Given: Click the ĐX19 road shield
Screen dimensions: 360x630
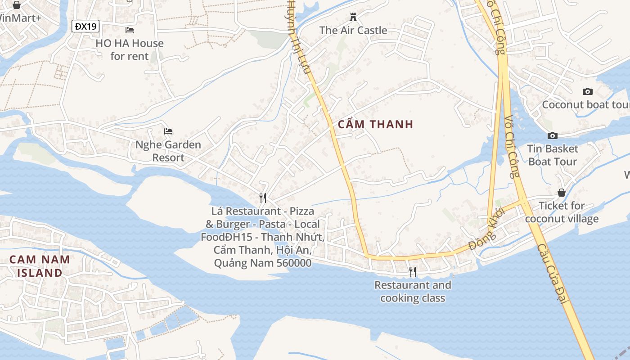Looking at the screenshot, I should (x=85, y=26).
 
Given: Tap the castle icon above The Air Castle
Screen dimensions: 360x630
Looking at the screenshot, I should (x=353, y=17).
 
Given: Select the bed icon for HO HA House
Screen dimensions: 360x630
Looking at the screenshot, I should (x=130, y=30).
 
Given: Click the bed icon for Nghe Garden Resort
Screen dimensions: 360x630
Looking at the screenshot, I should (x=168, y=131).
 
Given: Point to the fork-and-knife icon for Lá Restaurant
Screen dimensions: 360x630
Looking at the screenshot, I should (x=263, y=198).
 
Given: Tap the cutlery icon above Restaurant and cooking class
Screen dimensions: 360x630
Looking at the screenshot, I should (x=412, y=271).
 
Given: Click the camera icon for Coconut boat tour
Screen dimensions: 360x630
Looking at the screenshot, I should (x=587, y=91).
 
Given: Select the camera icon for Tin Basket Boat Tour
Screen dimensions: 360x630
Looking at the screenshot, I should (x=553, y=135).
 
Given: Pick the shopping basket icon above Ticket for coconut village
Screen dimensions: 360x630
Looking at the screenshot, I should (x=562, y=193).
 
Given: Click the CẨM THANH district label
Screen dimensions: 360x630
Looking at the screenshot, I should (x=375, y=125).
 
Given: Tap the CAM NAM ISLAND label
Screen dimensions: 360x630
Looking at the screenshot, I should (x=40, y=266).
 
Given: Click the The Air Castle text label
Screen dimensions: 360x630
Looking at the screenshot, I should (x=353, y=31).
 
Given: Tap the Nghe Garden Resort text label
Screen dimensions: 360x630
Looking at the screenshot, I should (x=168, y=151).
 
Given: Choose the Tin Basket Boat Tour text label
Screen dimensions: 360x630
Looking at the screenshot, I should (x=553, y=155).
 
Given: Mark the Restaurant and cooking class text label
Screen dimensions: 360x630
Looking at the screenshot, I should (x=413, y=292).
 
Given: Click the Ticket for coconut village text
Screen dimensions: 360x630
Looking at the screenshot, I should (x=562, y=212).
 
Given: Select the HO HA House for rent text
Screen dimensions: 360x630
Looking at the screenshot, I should (x=130, y=50).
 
